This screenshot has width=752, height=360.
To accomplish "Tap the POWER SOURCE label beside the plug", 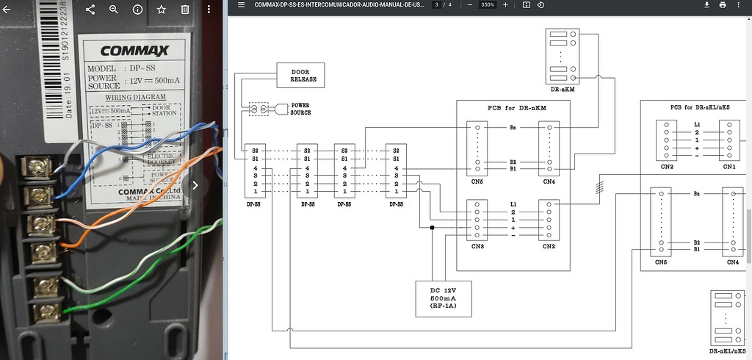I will [300, 109].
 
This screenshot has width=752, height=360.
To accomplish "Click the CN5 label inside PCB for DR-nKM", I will [478, 181].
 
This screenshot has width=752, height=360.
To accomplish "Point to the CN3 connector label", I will [478, 246].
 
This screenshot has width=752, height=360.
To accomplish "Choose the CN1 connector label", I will [729, 167].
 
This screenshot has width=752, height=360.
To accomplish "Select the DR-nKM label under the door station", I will [562, 90].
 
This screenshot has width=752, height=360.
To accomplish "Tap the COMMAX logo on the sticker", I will [134, 51].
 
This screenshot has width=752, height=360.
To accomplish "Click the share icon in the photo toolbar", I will [90, 10].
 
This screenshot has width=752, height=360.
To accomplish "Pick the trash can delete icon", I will [185, 10].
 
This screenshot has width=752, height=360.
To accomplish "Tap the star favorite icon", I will [162, 10].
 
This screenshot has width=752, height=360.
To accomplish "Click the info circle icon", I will [137, 10].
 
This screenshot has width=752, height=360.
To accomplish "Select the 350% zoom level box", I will [487, 5].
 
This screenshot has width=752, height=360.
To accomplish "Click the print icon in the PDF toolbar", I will [723, 5].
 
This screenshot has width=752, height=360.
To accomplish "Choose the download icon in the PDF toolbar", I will [706, 5].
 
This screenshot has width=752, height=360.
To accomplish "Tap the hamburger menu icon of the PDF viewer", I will [241, 5].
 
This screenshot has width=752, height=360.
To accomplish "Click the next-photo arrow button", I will [195, 185].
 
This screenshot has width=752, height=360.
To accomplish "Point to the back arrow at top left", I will [7, 10].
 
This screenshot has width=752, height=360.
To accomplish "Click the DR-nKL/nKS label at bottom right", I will [728, 352].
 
